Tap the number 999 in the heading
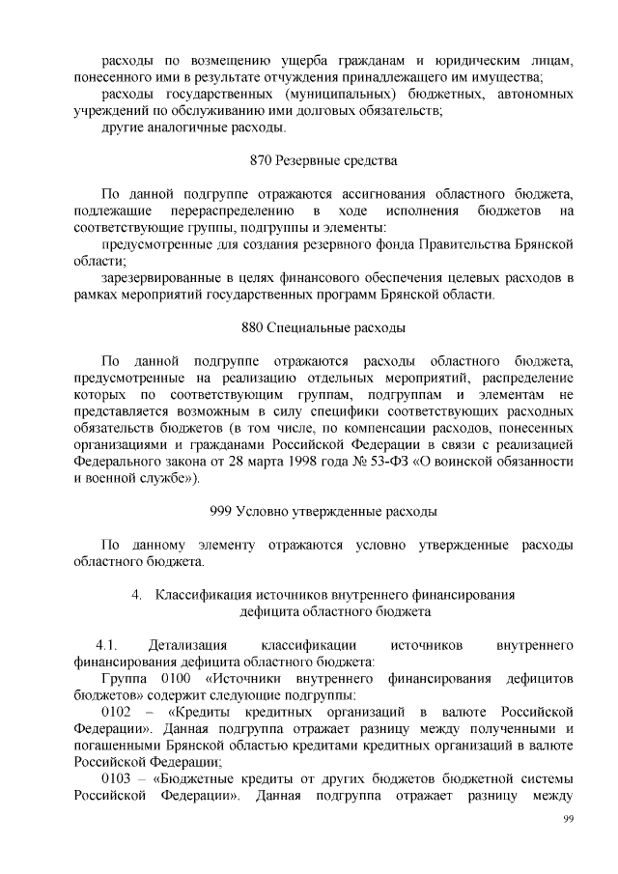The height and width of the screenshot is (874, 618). (x=222, y=510)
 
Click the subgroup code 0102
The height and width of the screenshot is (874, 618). (x=117, y=713)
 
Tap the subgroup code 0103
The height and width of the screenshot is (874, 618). (x=117, y=779)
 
